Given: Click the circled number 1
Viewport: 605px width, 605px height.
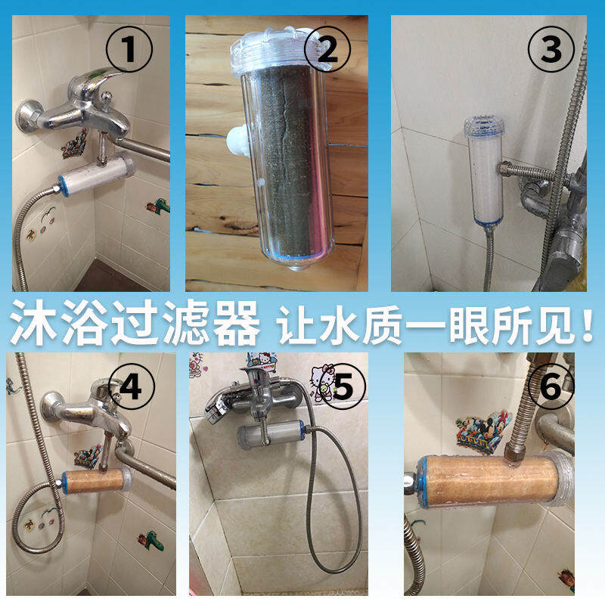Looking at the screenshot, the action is tap(129, 49).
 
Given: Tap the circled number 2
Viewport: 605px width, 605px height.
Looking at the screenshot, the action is tap(327, 49).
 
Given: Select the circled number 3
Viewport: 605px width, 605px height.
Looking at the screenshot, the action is tap(551, 49).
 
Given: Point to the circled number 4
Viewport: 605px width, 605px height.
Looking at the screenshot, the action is tap(131, 386).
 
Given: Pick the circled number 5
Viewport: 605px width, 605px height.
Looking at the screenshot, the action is tap(343, 386).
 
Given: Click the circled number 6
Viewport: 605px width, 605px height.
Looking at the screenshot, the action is tap(551, 386).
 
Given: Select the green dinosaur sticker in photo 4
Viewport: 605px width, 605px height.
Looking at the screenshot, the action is tap(150, 540).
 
